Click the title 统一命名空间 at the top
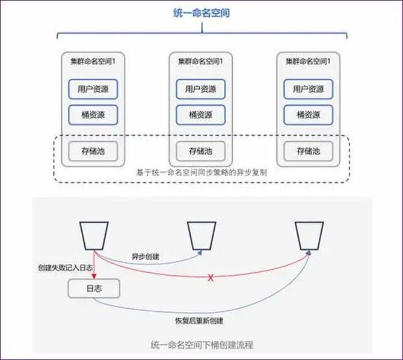point(201,12)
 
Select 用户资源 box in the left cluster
point(93,90)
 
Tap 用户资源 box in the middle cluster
point(200,90)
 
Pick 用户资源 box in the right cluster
point(309,90)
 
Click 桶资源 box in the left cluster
point(93,114)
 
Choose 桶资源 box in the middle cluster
point(200,114)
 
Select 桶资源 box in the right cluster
point(309,114)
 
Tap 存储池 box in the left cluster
point(93,151)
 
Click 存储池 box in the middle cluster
point(200,151)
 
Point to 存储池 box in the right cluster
point(309,151)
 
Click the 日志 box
point(94,289)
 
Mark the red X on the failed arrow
point(211,278)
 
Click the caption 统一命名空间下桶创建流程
point(202,345)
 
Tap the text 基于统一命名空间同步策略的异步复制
point(202,172)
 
